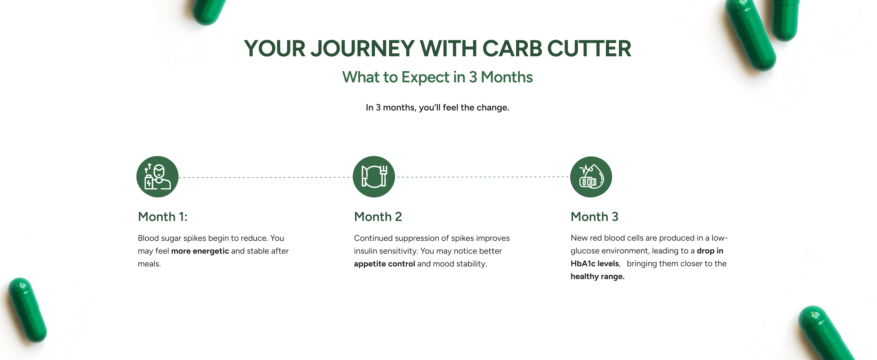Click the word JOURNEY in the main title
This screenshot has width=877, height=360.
tap(363, 49)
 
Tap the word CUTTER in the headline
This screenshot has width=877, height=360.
tap(589, 49)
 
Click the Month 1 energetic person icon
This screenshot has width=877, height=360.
tap(157, 177)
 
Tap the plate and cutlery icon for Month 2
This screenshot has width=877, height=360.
tap(374, 177)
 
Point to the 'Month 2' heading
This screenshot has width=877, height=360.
tap(378, 217)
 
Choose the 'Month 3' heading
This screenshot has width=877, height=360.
tap(594, 217)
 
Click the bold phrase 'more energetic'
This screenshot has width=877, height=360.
tap(200, 251)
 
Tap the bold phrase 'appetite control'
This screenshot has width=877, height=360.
tap(384, 264)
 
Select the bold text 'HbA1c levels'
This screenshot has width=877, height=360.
tap(595, 264)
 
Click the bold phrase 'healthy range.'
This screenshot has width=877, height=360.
tap(597, 277)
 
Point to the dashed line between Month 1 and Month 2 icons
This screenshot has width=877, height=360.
tap(265, 177)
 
